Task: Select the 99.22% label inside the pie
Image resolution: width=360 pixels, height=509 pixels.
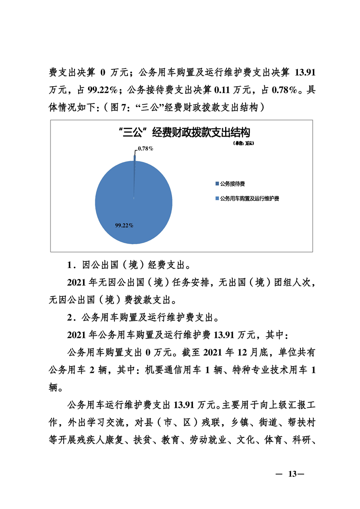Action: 124,225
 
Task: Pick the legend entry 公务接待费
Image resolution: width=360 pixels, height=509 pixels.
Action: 232,184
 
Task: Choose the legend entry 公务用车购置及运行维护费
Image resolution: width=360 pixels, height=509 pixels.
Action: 249,199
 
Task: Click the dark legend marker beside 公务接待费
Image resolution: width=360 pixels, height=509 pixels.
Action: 217,184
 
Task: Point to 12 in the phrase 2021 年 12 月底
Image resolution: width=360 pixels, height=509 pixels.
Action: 238,352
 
